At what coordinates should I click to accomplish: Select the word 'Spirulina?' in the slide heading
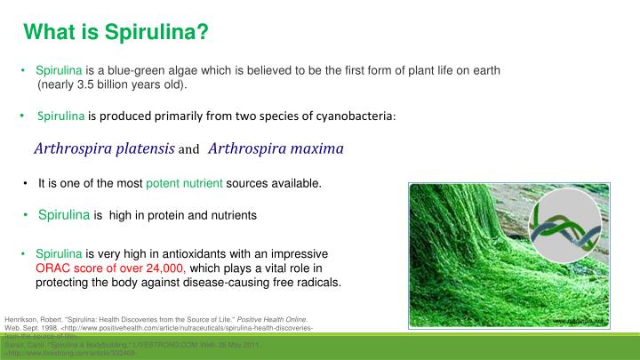[x=156, y=34]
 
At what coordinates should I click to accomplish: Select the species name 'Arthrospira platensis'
[x=104, y=148]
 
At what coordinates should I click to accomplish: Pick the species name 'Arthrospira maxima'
[x=276, y=148]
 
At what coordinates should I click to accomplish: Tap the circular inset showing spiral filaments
[x=566, y=226]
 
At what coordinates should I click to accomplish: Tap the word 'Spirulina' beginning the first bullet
[x=59, y=71]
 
